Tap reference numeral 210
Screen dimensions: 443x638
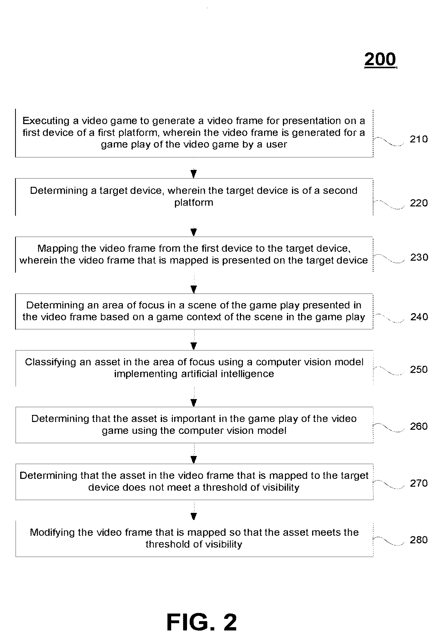(419, 139)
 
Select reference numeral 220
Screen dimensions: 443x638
(419, 203)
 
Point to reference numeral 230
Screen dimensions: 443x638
(419, 257)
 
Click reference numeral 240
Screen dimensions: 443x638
(419, 316)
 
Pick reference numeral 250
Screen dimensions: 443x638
(419, 369)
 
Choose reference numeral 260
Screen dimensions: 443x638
(419, 426)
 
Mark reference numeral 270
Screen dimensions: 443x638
(419, 483)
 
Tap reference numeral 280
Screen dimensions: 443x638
(419, 540)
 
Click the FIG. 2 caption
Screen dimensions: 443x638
(202, 622)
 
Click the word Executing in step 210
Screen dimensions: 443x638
(46, 121)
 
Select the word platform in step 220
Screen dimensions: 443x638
(194, 203)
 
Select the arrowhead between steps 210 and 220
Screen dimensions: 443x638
(194, 174)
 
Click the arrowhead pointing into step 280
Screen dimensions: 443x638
(194, 516)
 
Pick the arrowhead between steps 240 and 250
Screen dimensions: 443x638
(194, 346)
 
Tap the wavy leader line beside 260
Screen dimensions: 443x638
(389, 427)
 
